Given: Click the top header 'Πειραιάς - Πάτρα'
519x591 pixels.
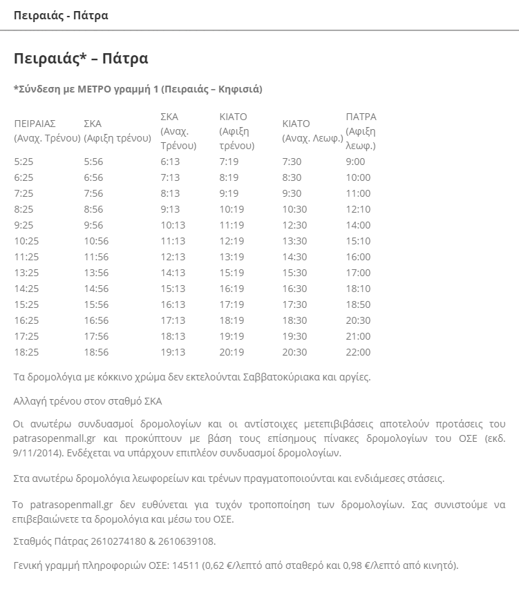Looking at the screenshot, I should coord(61,15).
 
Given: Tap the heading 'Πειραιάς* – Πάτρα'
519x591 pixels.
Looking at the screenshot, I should coord(81,58).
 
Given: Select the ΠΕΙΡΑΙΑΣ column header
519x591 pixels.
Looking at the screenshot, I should coord(35,124).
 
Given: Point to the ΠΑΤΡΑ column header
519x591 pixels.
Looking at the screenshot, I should coord(361,116).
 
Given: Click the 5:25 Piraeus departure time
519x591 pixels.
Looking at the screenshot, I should coord(23,162).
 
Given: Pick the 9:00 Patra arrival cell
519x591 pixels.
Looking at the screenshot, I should coord(355,162).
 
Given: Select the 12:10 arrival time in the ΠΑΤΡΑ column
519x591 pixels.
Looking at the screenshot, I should coord(358,209).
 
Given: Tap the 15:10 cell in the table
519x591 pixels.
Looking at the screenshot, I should coord(358,241).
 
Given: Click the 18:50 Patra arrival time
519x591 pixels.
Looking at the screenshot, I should coord(358,304).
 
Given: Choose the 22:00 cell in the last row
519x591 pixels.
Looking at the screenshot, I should coord(358,352).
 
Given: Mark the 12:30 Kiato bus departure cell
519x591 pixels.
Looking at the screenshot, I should coord(294,225).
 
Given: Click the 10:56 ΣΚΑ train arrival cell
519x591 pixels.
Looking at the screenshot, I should coord(96,241).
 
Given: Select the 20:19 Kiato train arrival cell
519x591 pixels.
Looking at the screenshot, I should coord(232,352).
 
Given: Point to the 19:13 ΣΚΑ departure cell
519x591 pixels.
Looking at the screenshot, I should coord(173,352).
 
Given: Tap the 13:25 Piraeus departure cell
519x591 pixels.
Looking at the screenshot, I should coord(26,273).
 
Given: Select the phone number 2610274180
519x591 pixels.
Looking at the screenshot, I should coord(115,541).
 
